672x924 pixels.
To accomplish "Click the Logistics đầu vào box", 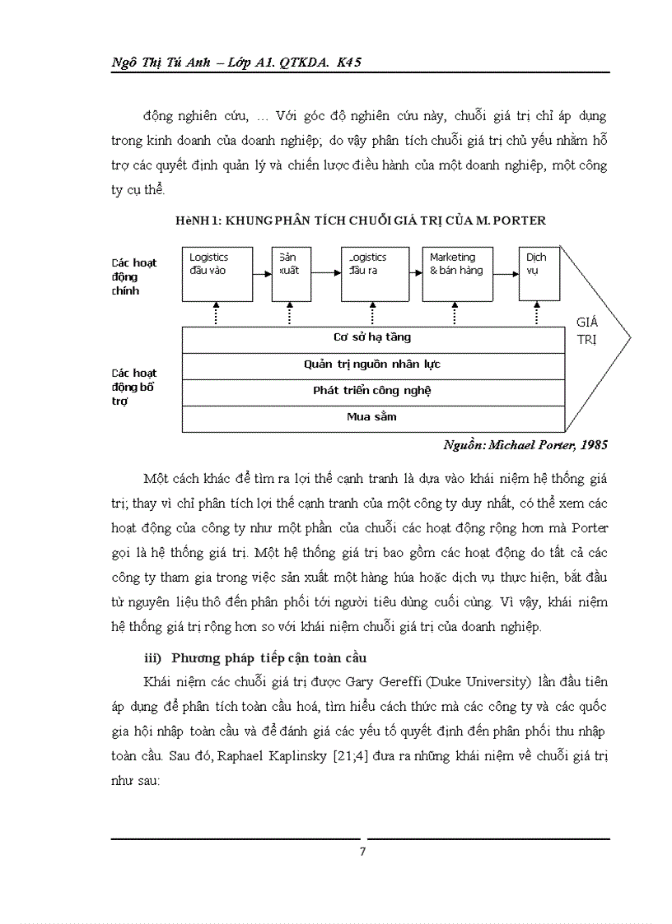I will tap(216, 273).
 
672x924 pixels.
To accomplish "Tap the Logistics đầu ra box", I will tap(376, 273).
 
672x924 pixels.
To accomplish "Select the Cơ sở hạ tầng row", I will tap(372, 337).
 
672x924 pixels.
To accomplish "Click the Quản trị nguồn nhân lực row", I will tap(372, 364).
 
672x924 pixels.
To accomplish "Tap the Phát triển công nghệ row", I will tap(372, 390).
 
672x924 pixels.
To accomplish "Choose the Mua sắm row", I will tap(372, 417).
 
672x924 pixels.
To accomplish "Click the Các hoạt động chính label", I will tap(134, 276).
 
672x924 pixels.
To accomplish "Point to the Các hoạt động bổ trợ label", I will tap(134, 387).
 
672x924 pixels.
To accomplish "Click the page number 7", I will tap(362, 852).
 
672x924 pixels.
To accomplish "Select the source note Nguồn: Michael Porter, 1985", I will tap(525, 445).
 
